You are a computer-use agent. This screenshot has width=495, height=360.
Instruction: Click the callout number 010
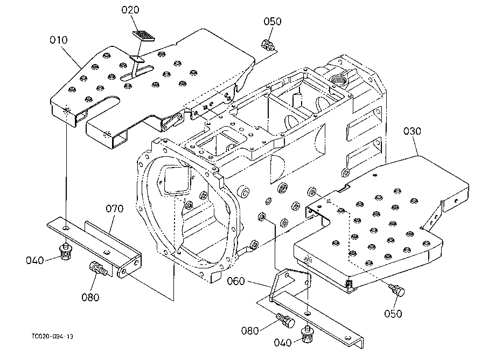tap(59, 40)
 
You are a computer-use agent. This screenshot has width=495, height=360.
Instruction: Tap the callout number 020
tap(130, 10)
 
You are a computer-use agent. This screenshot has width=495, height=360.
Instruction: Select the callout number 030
tap(412, 131)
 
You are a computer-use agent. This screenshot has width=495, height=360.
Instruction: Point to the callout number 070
tap(115, 209)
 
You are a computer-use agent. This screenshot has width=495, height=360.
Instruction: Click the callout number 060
tap(236, 281)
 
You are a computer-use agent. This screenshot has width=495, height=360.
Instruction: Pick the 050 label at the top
tap(273, 22)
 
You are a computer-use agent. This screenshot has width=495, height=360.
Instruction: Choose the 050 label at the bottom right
tap(393, 314)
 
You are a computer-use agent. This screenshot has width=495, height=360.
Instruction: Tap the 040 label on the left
tap(34, 260)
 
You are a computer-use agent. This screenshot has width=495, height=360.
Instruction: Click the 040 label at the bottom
tap(283, 343)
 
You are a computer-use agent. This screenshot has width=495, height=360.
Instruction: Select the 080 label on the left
tap(90, 297)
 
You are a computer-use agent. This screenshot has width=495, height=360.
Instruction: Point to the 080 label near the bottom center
tap(250, 331)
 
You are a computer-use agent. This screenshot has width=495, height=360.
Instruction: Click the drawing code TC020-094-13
tap(52, 337)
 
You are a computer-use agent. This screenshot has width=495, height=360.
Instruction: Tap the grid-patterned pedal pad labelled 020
tap(144, 36)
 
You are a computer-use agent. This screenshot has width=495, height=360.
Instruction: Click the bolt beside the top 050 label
tap(268, 45)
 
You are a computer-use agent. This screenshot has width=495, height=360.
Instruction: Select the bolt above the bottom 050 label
tap(397, 289)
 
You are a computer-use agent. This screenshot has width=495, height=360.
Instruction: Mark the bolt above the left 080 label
tap(99, 268)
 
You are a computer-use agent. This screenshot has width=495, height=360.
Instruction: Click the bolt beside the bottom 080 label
tap(285, 321)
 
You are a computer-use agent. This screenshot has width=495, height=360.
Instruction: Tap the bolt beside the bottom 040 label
tap(307, 335)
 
